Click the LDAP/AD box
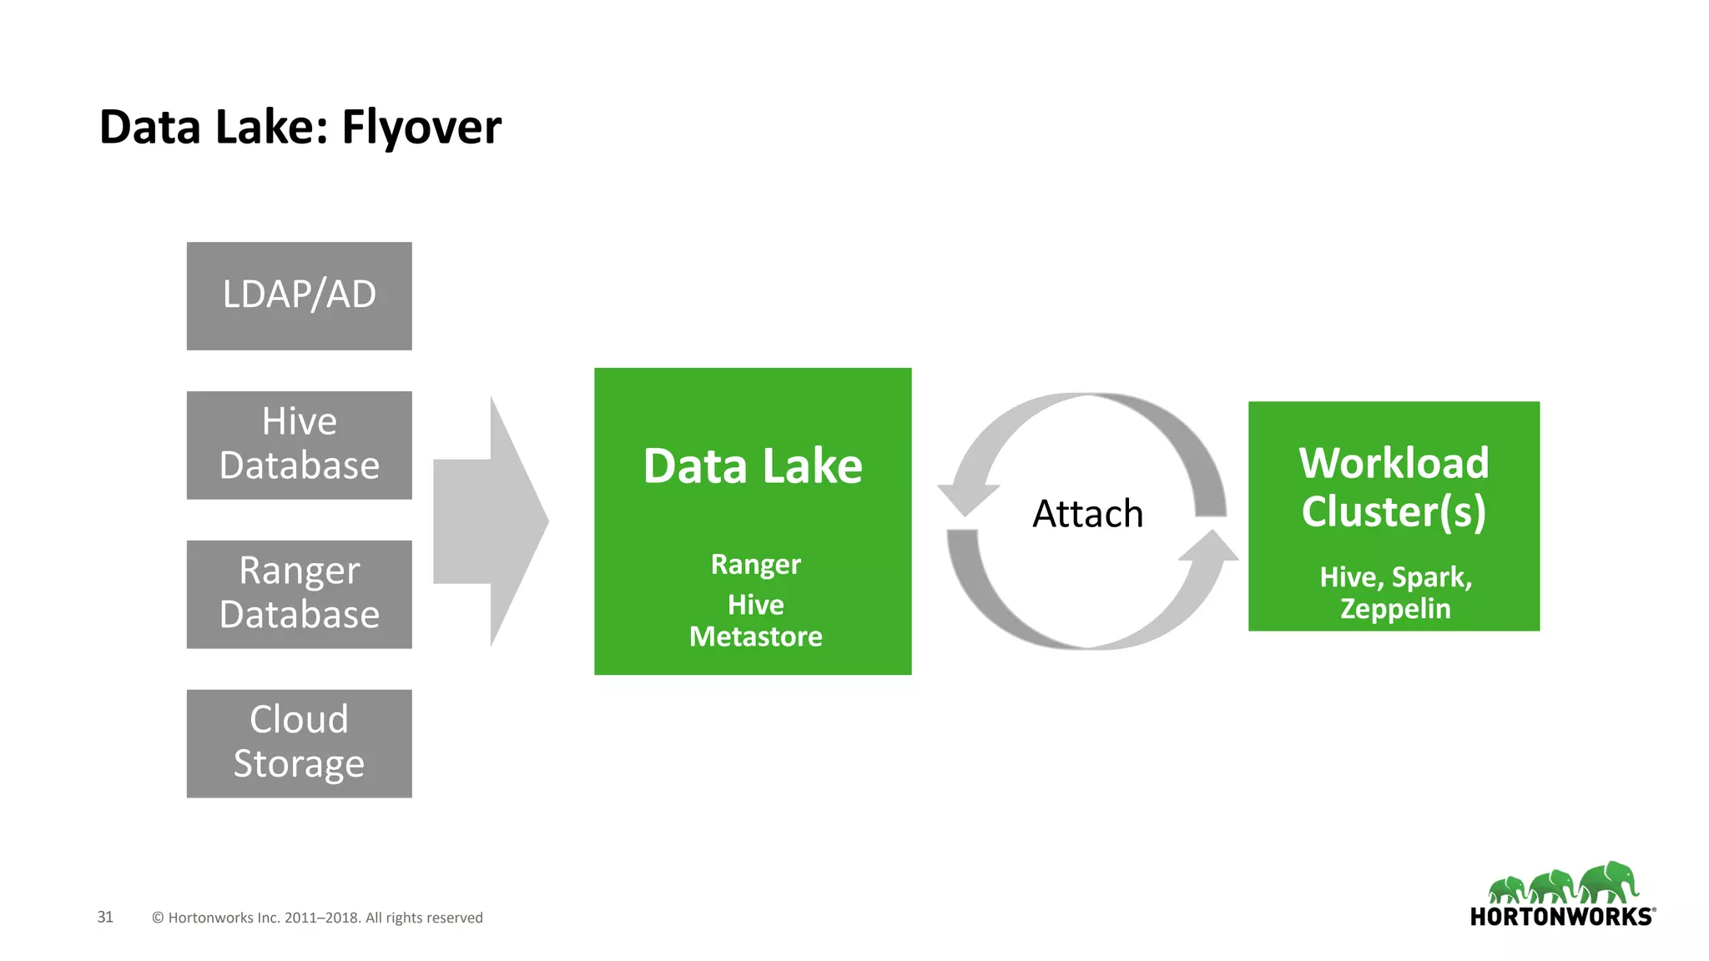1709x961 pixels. [299, 295]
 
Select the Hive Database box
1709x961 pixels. [299, 445]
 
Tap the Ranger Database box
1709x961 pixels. [299, 594]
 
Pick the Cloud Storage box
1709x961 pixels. [299, 743]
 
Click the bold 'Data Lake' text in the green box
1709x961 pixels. [753, 465]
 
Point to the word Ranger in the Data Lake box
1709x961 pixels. [755, 565]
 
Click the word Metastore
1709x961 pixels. [755, 636]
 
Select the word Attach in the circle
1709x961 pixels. [1087, 514]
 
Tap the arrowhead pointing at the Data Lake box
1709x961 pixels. [965, 499]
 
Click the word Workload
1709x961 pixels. [1394, 463]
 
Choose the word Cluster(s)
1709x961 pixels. [1394, 511]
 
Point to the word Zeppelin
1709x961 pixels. [1395, 609]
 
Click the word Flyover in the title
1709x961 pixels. [421, 128]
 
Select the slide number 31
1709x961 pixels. [105, 917]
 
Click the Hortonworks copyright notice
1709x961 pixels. [317, 918]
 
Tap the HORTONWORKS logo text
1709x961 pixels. [1560, 917]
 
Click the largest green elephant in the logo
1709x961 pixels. [1610, 883]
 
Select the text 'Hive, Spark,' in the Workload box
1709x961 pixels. [1395, 577]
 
